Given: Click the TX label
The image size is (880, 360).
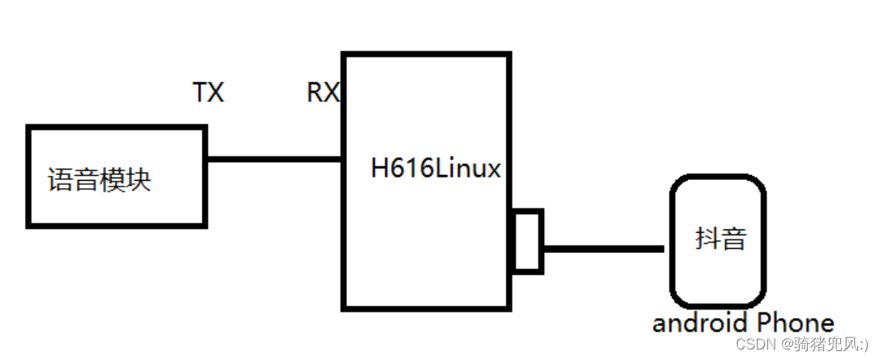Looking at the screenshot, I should [x=208, y=93].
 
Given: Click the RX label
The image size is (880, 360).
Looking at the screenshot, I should [x=323, y=93].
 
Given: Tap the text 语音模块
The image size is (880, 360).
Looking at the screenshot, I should [x=100, y=179].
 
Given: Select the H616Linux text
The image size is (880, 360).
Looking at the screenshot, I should [x=436, y=169].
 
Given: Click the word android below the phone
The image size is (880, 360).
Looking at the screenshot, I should [x=700, y=323].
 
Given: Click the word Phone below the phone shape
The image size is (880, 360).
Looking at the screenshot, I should [x=794, y=323].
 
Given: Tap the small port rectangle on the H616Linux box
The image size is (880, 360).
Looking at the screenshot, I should [x=528, y=240].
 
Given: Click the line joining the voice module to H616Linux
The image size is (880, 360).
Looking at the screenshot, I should [x=274, y=159].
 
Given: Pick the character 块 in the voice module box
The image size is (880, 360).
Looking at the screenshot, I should [x=139, y=179].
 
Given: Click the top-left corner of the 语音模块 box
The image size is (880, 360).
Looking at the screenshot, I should [x=29, y=128].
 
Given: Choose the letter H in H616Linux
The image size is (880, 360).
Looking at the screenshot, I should [x=380, y=169].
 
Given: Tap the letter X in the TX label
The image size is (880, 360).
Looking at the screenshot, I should [x=216, y=93].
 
